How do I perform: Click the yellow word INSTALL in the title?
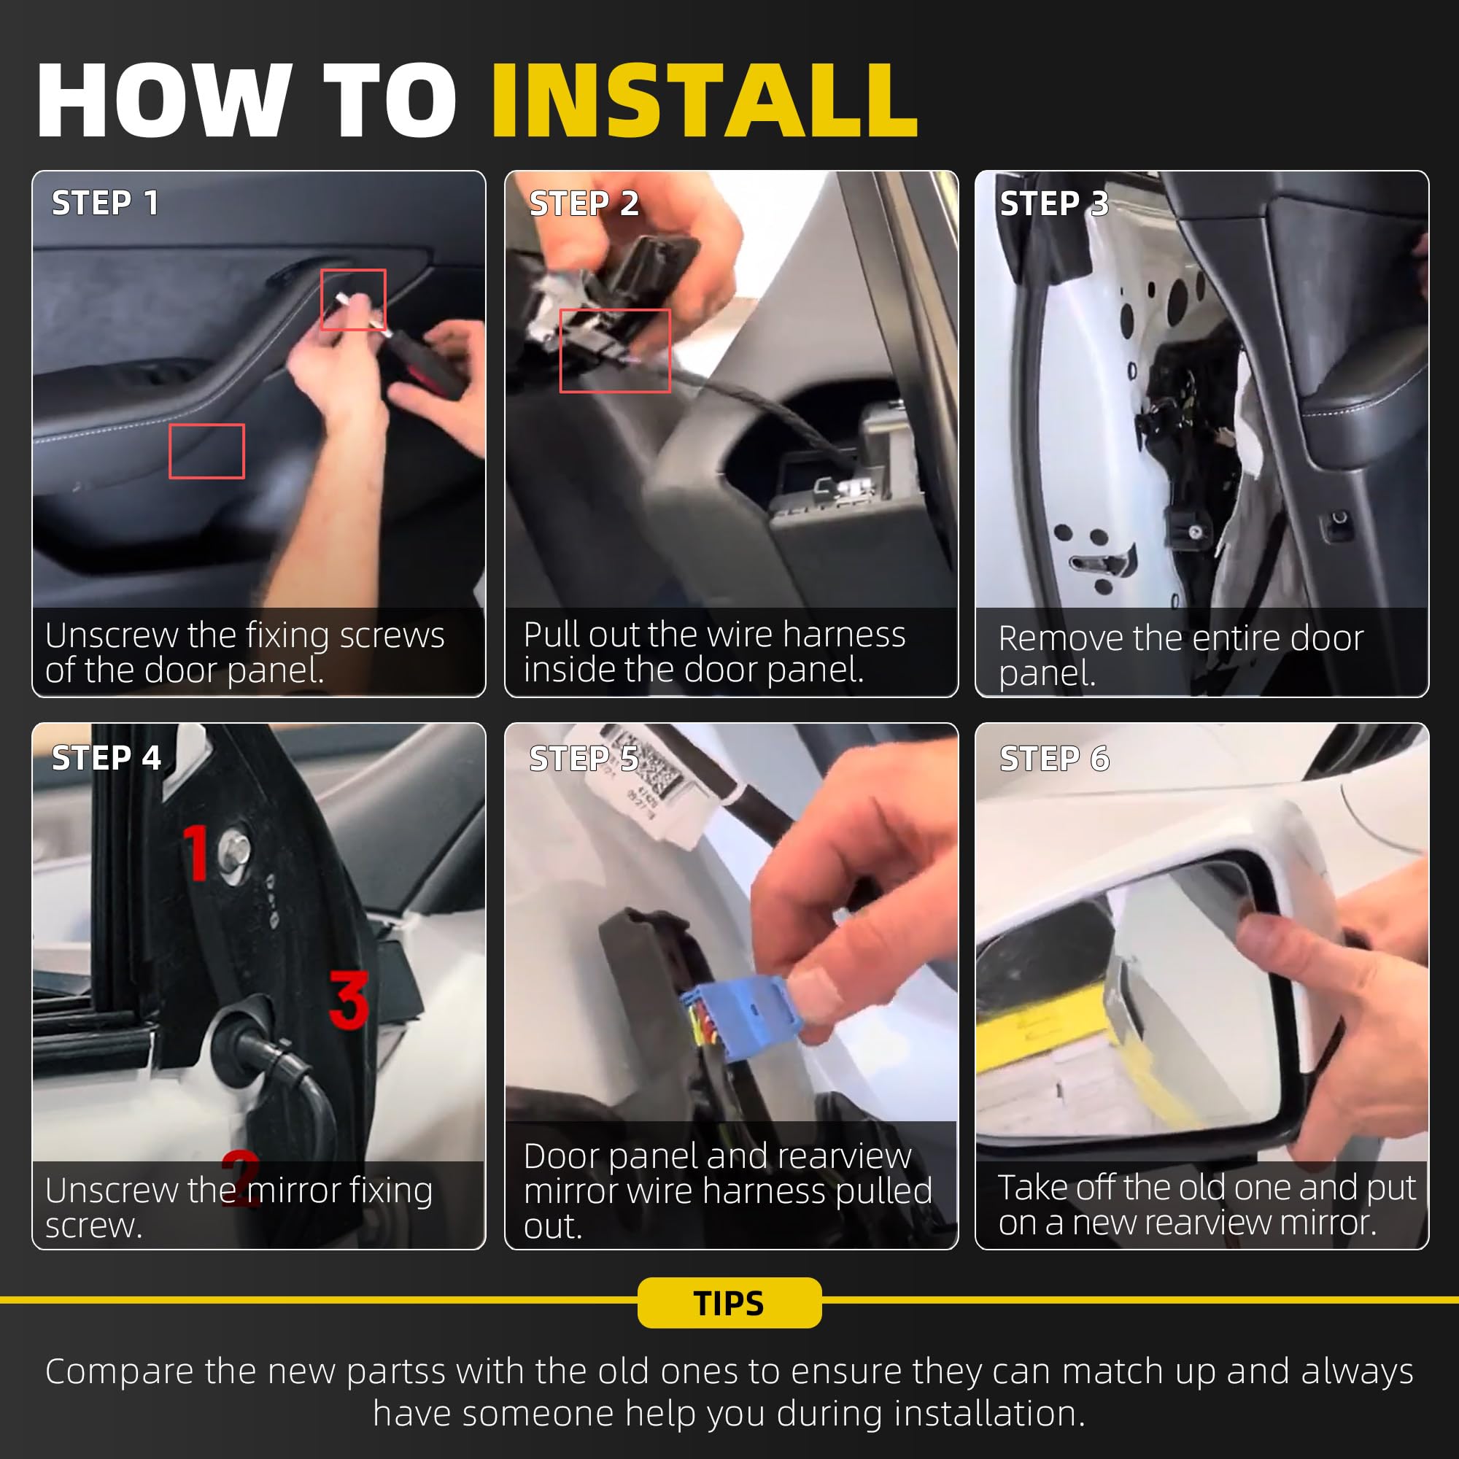705,101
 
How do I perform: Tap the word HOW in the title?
164,101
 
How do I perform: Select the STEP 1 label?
105,203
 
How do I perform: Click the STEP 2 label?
584,203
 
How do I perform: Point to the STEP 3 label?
1054,203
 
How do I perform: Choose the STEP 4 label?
106,757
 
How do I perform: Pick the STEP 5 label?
584,758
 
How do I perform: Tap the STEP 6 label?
1054,758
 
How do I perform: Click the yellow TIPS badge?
729,1303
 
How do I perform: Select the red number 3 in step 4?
349,1000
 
